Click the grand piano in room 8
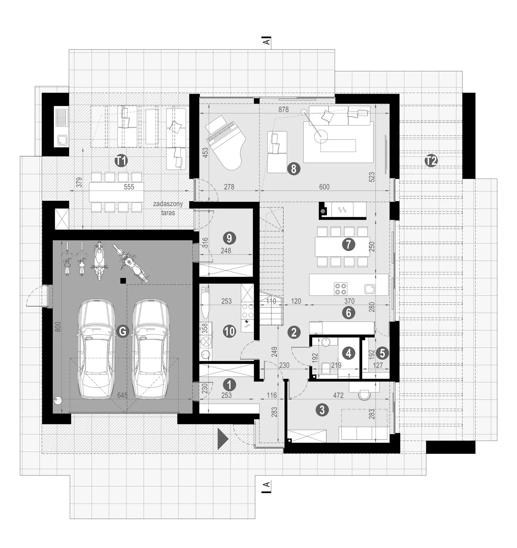tap(224, 144)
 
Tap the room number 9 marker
tap(229, 238)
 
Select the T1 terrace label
tap(121, 161)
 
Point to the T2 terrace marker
tap(431, 161)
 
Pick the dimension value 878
tap(283, 110)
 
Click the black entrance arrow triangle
tap(223, 439)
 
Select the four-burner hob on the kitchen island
tap(340, 289)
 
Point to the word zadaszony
tap(168, 204)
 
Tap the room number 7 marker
tap(348, 244)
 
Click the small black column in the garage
tap(123, 281)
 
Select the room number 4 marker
tap(349, 353)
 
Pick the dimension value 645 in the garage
tap(122, 396)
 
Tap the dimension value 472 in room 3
tap(338, 396)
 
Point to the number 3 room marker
tap(322, 410)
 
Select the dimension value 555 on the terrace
tap(129, 187)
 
